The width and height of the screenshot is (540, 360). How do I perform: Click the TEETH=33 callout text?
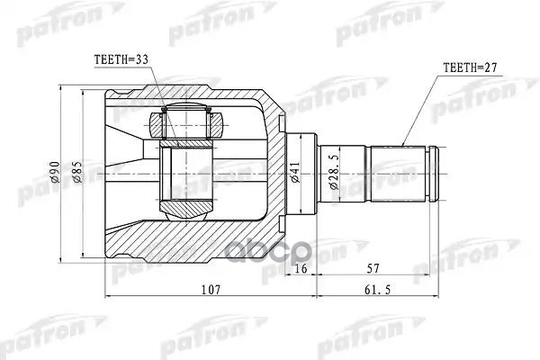point(121,61)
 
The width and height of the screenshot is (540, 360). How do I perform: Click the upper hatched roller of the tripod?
point(188,117)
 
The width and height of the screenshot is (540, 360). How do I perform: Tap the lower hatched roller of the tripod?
point(188,210)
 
